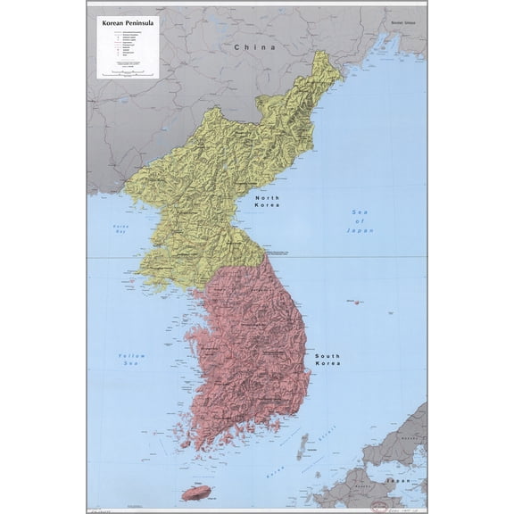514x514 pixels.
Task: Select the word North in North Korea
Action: tap(268, 197)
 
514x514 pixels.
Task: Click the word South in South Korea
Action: tap(327, 355)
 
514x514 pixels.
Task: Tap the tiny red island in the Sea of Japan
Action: tap(356, 302)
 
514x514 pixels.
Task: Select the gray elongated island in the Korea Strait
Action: tap(303, 444)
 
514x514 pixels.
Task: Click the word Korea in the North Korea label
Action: tap(268, 205)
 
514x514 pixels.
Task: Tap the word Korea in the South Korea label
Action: tap(327, 364)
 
